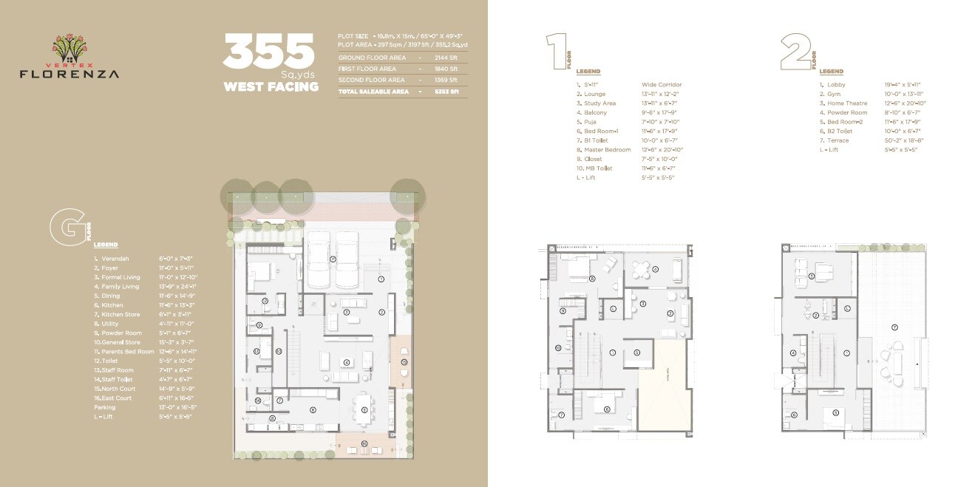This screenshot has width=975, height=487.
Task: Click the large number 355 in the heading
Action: pyautogui.click(x=269, y=52)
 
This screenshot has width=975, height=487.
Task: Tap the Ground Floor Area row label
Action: pyautogui.click(x=371, y=57)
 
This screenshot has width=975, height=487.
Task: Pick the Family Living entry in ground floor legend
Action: pyautogui.click(x=120, y=287)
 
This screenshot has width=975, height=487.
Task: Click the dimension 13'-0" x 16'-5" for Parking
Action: pyautogui.click(x=178, y=407)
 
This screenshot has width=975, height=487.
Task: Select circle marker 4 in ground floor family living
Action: pyautogui.click(x=345, y=362)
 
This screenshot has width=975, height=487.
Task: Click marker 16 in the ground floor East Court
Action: pyautogui.click(x=364, y=443)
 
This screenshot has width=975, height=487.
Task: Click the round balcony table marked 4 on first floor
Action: pyautogui.click(x=656, y=269)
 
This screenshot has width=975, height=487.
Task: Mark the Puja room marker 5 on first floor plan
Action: pyautogui.click(x=636, y=353)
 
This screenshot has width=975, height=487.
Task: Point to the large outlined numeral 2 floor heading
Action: pyautogui.click(x=795, y=52)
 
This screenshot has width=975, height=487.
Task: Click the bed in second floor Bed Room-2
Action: pyautogui.click(x=836, y=411)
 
